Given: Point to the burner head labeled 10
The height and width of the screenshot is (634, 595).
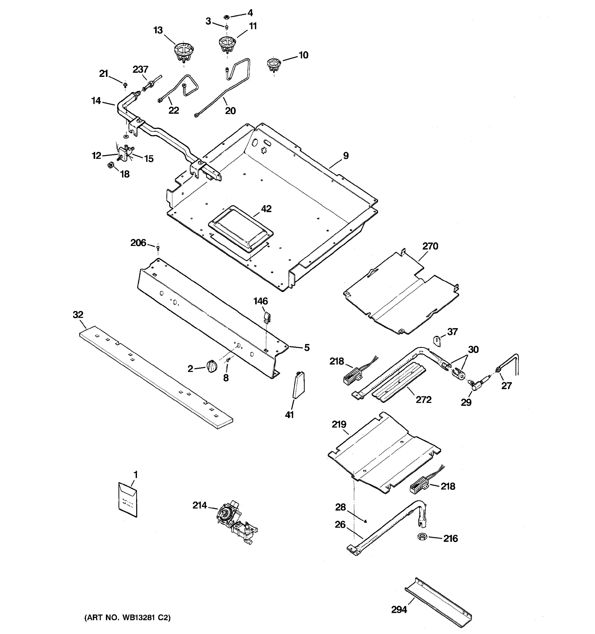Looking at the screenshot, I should (x=273, y=65).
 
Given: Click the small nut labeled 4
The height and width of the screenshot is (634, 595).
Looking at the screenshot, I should (x=226, y=16).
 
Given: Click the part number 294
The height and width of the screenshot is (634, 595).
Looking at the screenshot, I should (x=399, y=609).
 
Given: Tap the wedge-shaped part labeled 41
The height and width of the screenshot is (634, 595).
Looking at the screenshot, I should (x=299, y=385).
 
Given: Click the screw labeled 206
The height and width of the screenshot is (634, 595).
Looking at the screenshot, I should (x=158, y=248).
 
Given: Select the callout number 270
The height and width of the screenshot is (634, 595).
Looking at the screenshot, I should (x=430, y=246).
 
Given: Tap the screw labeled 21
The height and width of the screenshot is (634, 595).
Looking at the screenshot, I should (x=125, y=85).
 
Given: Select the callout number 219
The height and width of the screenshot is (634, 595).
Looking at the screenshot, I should (x=339, y=424).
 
